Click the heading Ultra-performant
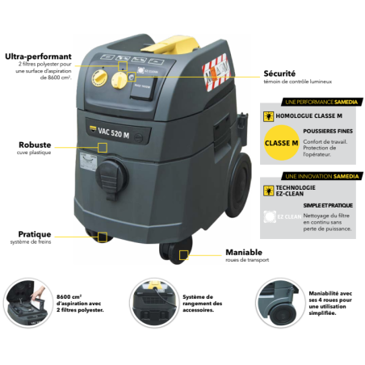click(x=38, y=57)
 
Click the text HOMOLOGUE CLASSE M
click(x=303, y=115)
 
